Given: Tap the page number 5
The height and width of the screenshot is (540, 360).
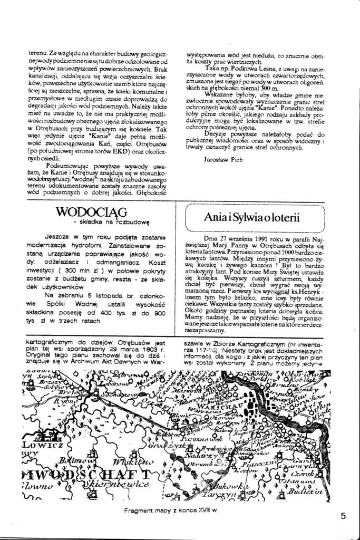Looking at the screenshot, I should (343, 516).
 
